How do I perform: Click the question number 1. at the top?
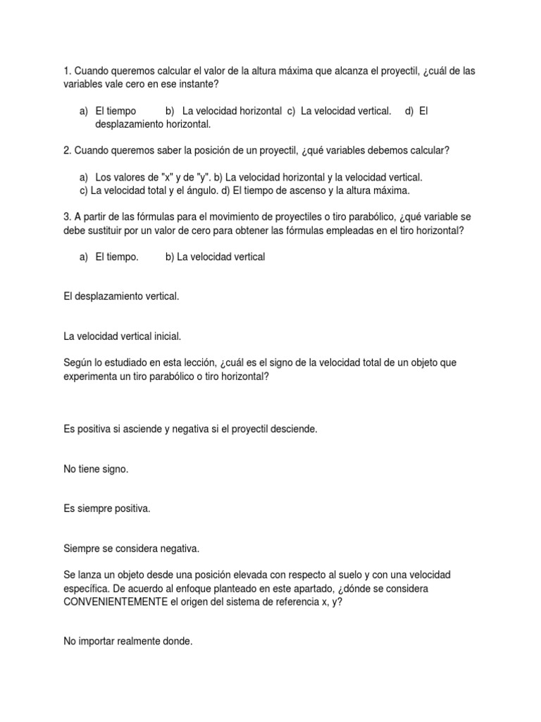pos(67,71)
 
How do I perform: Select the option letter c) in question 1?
pos(291,111)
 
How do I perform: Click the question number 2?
pos(67,150)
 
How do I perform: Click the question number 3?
pos(67,217)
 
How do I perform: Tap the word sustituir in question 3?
pos(103,231)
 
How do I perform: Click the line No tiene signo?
pos(96,469)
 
